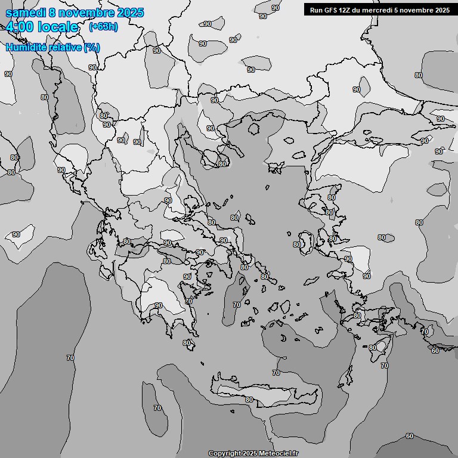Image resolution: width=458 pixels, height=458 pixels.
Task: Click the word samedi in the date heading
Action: pyautogui.click(x=26, y=13)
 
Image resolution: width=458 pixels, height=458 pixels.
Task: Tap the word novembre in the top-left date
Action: pyautogui.click(x=88, y=13)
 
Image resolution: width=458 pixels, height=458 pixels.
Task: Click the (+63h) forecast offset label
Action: pyautogui.click(x=103, y=26)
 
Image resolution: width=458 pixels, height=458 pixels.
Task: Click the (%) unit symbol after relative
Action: pyautogui.click(x=92, y=47)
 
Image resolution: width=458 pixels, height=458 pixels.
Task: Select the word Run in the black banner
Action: pyautogui.click(x=317, y=10)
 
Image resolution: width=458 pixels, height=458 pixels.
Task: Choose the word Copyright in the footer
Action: pyautogui.click(x=224, y=454)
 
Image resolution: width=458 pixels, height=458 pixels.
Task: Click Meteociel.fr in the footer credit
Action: pyautogui.click(x=278, y=454)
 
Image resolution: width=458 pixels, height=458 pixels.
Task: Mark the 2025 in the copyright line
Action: pyautogui.click(x=250, y=454)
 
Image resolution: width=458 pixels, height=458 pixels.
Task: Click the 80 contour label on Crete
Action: pyautogui.click(x=249, y=400)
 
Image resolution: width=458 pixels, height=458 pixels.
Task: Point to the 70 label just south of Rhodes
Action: pyautogui.click(x=385, y=366)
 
